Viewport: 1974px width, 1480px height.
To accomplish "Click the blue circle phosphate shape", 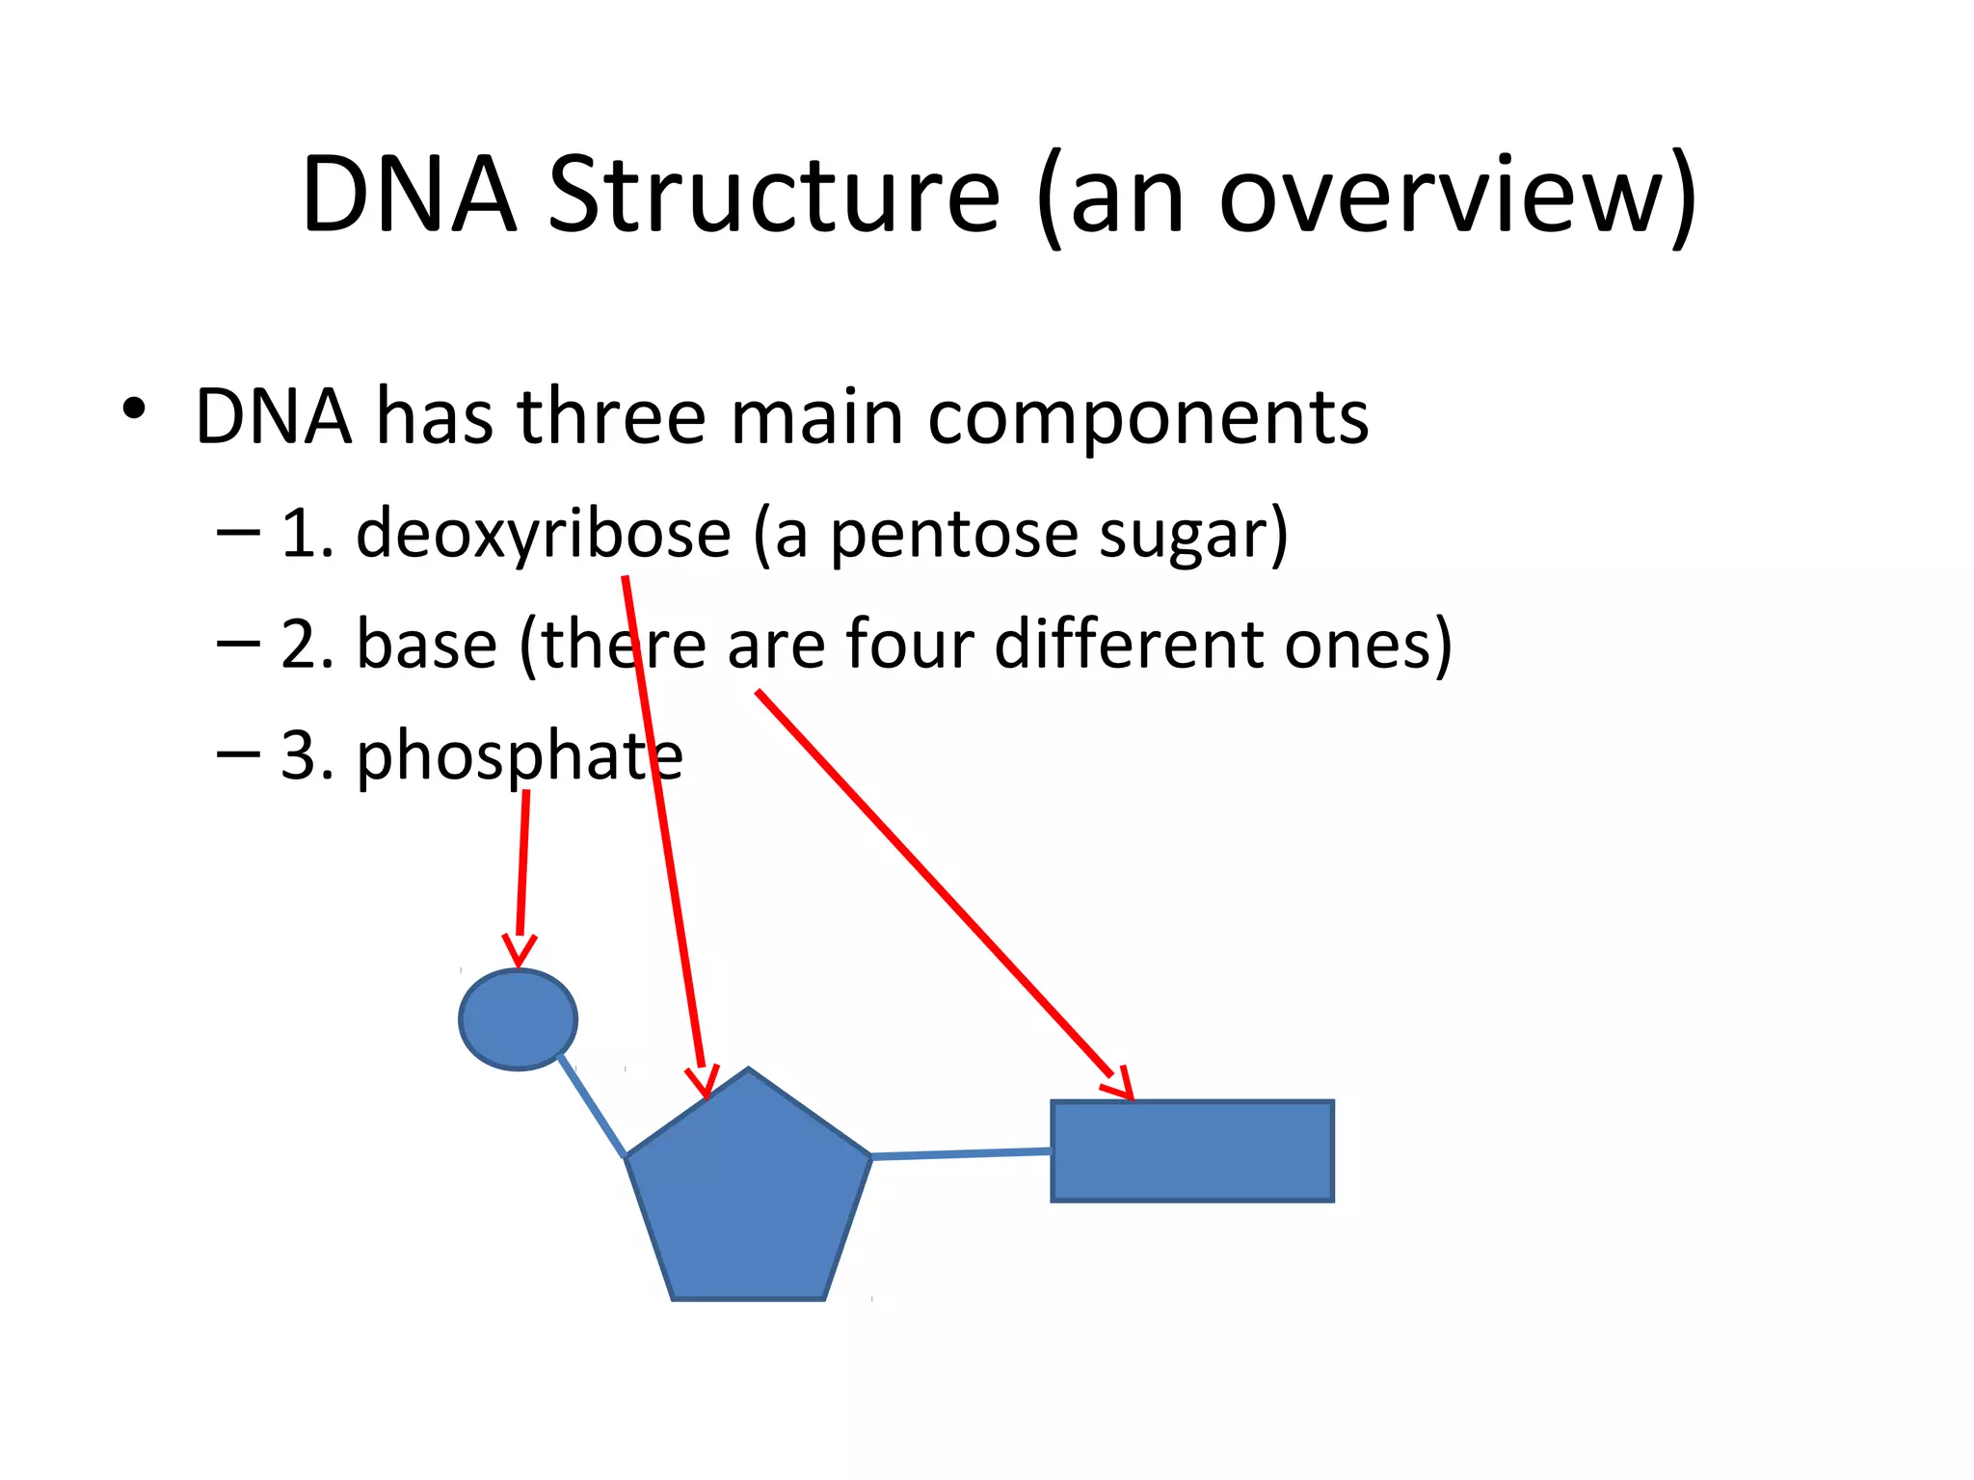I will click(x=518, y=1019).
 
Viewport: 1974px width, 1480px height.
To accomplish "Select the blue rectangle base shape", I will click(x=1192, y=1151).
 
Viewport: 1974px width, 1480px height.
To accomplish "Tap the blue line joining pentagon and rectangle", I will click(x=961, y=1153).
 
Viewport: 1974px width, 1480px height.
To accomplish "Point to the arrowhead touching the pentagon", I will click(x=704, y=1083).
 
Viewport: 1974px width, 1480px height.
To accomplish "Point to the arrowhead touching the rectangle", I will click(x=1120, y=1086).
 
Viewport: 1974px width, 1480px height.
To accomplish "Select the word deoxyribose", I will click(x=544, y=534).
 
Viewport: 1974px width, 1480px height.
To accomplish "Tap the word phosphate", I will click(x=520, y=756).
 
